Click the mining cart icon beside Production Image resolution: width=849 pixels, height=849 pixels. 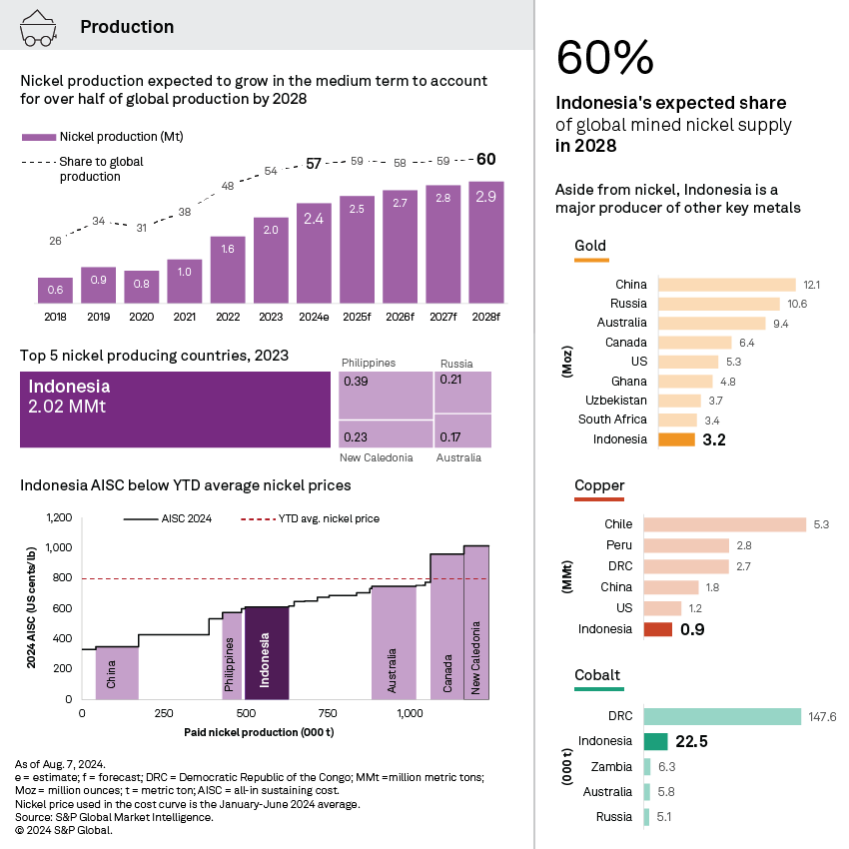[x=39, y=27]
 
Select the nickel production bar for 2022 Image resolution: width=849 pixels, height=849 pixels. [x=227, y=269]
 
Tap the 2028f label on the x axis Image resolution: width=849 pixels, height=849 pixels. [x=485, y=317]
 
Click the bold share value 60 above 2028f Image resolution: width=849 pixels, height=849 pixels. [x=485, y=159]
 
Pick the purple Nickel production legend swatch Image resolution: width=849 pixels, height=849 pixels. [x=38, y=137]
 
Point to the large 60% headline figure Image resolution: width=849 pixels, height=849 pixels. [x=604, y=58]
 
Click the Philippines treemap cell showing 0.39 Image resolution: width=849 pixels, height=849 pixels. [x=385, y=396]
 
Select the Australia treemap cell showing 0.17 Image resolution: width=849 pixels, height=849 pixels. [x=462, y=431]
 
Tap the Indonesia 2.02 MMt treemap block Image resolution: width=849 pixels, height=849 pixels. [x=175, y=410]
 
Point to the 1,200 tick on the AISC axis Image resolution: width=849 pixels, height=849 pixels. [x=59, y=517]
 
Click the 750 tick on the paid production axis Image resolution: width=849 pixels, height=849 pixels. [x=327, y=713]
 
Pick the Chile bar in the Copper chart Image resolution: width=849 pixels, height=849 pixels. [x=724, y=524]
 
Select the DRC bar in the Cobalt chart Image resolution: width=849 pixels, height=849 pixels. [x=722, y=716]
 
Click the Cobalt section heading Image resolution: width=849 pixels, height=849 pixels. [x=596, y=675]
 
